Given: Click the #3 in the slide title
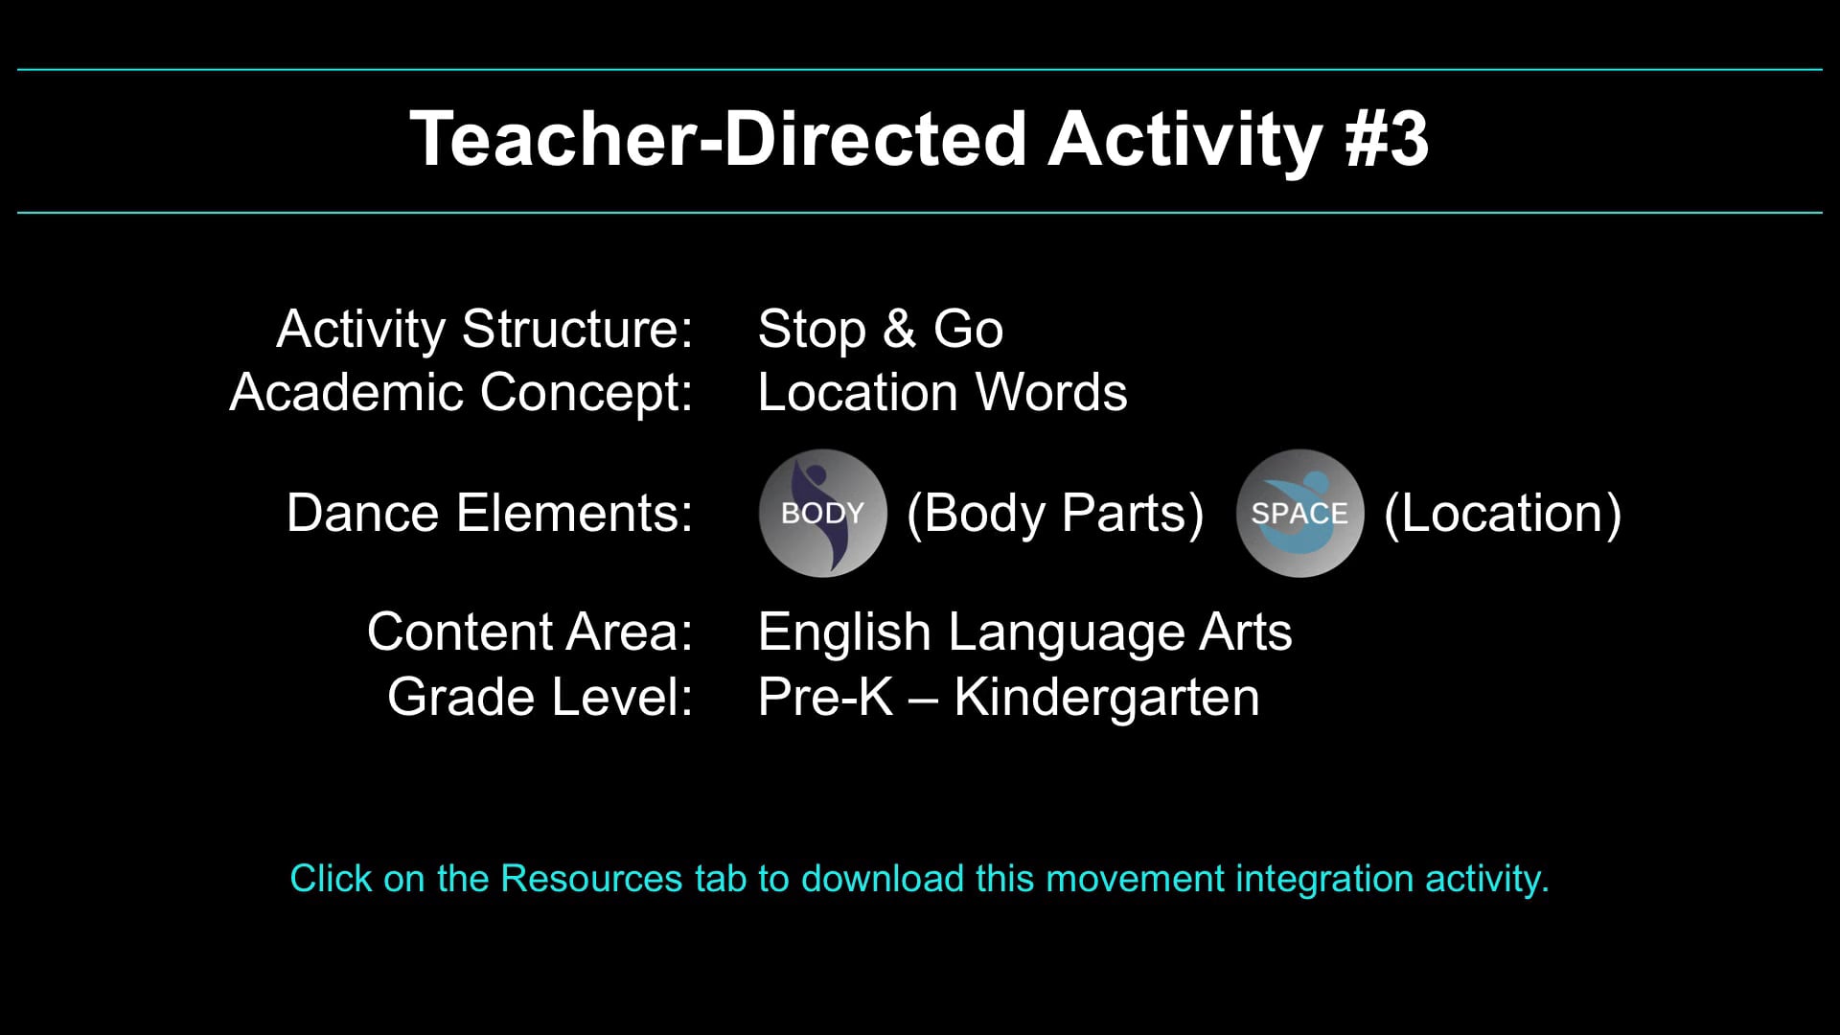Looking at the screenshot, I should click(1386, 139).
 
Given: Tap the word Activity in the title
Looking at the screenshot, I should click(1185, 139).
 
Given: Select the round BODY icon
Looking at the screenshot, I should click(822, 513).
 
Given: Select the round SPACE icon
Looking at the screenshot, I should click(1299, 513).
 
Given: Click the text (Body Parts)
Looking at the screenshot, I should click(1055, 513).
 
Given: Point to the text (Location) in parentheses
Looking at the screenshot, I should click(1503, 513).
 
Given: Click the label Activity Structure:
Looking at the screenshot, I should click(484, 329).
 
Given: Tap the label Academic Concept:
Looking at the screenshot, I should click(461, 392).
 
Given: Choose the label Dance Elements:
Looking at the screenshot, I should click(489, 513).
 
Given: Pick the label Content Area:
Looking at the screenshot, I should click(529, 632).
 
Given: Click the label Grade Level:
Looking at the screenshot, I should click(540, 697).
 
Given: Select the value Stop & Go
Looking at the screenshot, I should click(880, 329).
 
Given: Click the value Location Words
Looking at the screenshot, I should click(942, 392).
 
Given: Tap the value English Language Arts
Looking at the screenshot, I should click(1024, 632).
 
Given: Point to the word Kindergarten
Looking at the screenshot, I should click(1106, 697).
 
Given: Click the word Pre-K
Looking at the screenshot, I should click(825, 697).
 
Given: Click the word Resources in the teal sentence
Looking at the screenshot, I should click(591, 879).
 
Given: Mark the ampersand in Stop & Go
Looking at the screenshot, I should click(899, 329).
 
